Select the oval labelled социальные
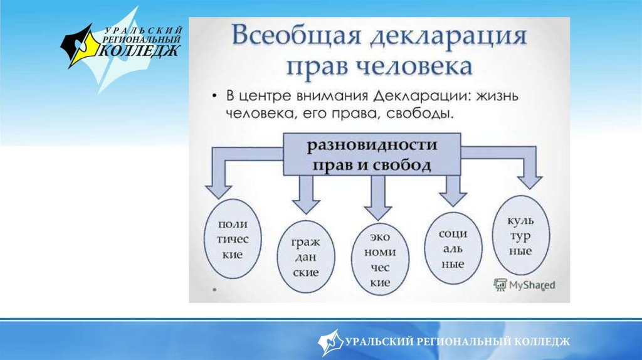[x=453, y=248]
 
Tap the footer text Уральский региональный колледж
[x=457, y=341]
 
